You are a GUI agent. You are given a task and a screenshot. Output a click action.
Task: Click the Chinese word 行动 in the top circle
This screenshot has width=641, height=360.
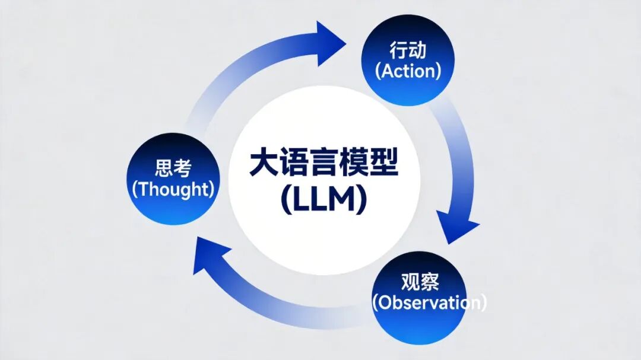click(408, 50)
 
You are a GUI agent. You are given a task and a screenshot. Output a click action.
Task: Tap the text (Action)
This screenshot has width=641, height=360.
click(408, 71)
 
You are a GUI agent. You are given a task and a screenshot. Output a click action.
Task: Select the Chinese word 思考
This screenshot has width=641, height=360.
click(173, 168)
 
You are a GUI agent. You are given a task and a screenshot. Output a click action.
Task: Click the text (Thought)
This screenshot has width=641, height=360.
click(173, 189)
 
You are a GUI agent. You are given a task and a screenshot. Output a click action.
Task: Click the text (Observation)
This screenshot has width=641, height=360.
click(429, 302)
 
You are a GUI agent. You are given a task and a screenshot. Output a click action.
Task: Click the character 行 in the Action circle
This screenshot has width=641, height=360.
click(398, 50)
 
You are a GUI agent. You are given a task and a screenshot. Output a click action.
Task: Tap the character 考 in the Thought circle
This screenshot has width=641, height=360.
click(183, 168)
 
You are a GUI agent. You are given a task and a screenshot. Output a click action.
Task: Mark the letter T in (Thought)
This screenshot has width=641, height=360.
click(142, 189)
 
